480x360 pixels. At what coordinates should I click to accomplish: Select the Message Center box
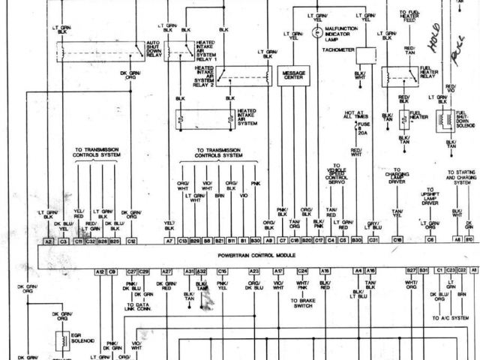click(293, 75)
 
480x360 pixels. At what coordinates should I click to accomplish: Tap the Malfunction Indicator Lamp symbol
click(316, 32)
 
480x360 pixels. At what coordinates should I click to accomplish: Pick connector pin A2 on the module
click(49, 241)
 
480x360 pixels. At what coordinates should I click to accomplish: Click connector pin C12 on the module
click(130, 241)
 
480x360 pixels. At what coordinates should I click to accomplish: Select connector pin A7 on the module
click(169, 241)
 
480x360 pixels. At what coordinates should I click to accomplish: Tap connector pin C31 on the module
click(373, 241)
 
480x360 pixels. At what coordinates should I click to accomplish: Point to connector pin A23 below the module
click(254, 271)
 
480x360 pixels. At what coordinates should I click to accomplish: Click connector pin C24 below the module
click(302, 271)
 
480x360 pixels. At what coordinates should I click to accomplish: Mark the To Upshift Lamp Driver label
click(430, 196)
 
